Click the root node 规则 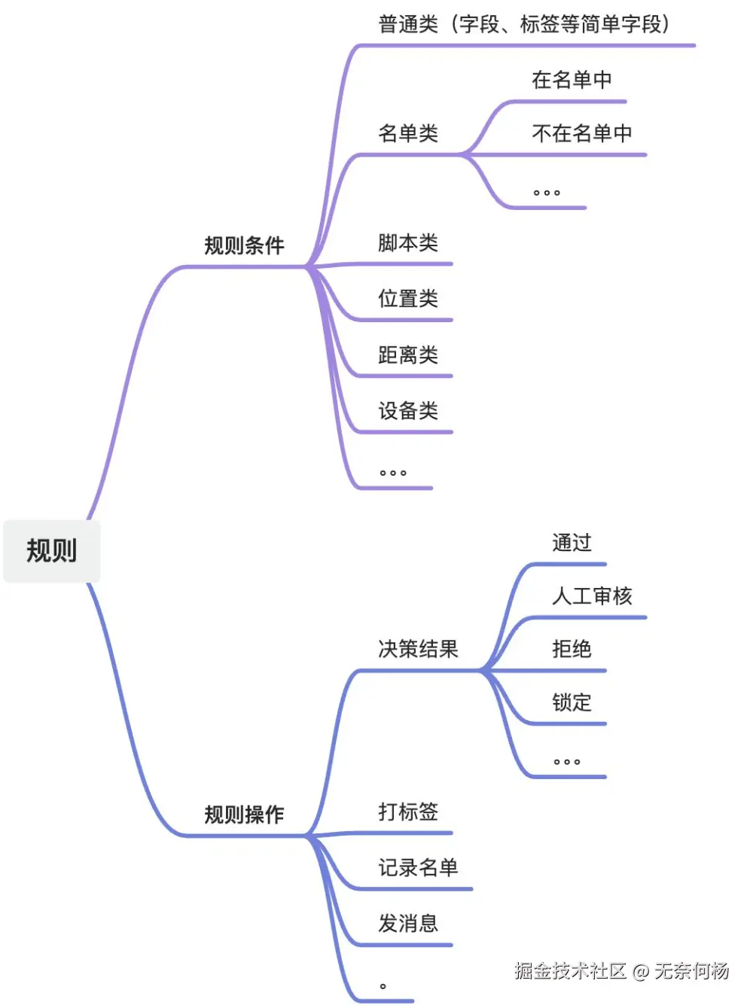pyautogui.click(x=51, y=550)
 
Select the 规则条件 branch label pyautogui.click(x=244, y=245)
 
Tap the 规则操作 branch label pyautogui.click(x=244, y=815)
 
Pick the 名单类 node pyautogui.click(x=407, y=134)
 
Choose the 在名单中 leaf pyautogui.click(x=572, y=80)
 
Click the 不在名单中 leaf pyautogui.click(x=581, y=134)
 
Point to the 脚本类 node pyautogui.click(x=407, y=243)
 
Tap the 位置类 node pyautogui.click(x=407, y=299)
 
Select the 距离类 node pyautogui.click(x=407, y=355)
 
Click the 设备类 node pyautogui.click(x=407, y=411)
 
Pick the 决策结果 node pyautogui.click(x=418, y=649)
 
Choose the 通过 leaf pyautogui.click(x=572, y=543)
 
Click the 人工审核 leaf pyautogui.click(x=592, y=596)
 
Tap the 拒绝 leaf pyautogui.click(x=572, y=649)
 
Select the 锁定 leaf pyautogui.click(x=572, y=702)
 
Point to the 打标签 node pyautogui.click(x=407, y=812)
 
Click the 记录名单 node pyautogui.click(x=418, y=868)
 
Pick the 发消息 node pyautogui.click(x=407, y=924)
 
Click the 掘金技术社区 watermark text pyautogui.click(x=570, y=971)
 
